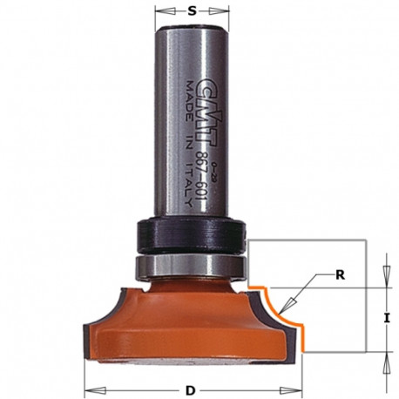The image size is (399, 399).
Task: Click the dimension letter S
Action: click(x=192, y=11)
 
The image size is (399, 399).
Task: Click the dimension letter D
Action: click(x=191, y=390)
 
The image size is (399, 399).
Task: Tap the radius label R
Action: click(x=340, y=275)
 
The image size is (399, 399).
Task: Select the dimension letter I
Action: click(x=386, y=319)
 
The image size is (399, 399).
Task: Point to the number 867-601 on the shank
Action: click(x=201, y=176)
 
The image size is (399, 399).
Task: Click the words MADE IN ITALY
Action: click(x=189, y=145)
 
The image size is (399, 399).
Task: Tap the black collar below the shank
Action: click(x=192, y=236)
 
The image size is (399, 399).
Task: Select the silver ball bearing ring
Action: click(x=192, y=267)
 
